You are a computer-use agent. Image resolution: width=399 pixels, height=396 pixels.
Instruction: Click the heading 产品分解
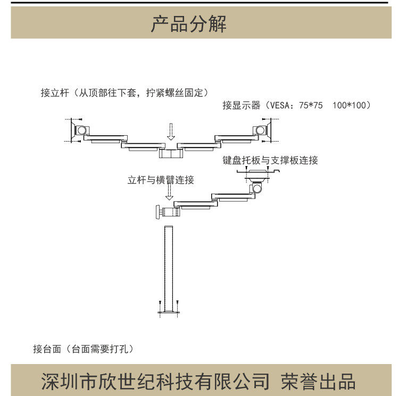pyautogui.click(x=189, y=24)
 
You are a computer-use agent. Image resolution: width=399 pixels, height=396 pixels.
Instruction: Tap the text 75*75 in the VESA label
pyautogui.click(x=311, y=105)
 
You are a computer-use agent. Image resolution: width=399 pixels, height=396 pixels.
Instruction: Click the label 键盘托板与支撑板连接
pyautogui.click(x=270, y=160)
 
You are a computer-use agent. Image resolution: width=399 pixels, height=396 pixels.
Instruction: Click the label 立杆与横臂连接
pyautogui.click(x=161, y=180)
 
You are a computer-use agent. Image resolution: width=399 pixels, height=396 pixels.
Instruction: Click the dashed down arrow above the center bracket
pyautogui.click(x=170, y=131)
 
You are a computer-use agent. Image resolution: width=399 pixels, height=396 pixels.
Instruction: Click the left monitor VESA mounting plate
pyautogui.click(x=73, y=130)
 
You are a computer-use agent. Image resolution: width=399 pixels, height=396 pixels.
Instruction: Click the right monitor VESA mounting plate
pyautogui.click(x=270, y=130)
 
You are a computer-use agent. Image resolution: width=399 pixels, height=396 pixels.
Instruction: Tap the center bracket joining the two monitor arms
pyautogui.click(x=171, y=153)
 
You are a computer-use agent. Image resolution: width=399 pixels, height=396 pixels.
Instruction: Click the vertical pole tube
pyautogui.click(x=169, y=266)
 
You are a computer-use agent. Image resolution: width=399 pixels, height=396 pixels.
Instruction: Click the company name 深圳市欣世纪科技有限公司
pyautogui.click(x=155, y=382)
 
